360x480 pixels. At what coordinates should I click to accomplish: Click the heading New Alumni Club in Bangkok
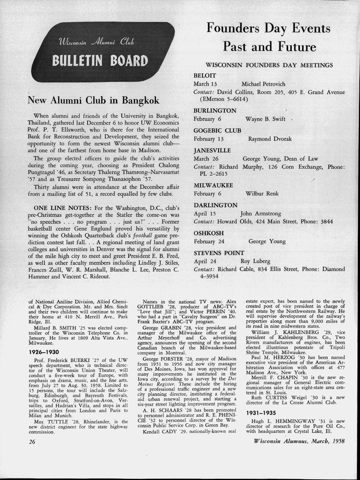[93, 100]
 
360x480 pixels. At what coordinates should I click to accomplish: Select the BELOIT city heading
[205, 75]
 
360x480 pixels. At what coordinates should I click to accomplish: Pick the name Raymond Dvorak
[270, 139]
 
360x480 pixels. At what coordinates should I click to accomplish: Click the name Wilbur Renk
[262, 193]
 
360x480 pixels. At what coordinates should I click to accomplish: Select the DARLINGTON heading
[215, 205]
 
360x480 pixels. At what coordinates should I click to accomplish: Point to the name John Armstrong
[261, 213]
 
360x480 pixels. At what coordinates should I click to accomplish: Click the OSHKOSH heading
[208, 233]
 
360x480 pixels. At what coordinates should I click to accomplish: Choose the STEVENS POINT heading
[219, 253]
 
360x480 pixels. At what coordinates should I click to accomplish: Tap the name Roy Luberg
[255, 261]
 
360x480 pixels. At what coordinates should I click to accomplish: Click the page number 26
[32, 442]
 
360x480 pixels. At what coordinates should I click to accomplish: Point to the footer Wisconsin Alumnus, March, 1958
[297, 441]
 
